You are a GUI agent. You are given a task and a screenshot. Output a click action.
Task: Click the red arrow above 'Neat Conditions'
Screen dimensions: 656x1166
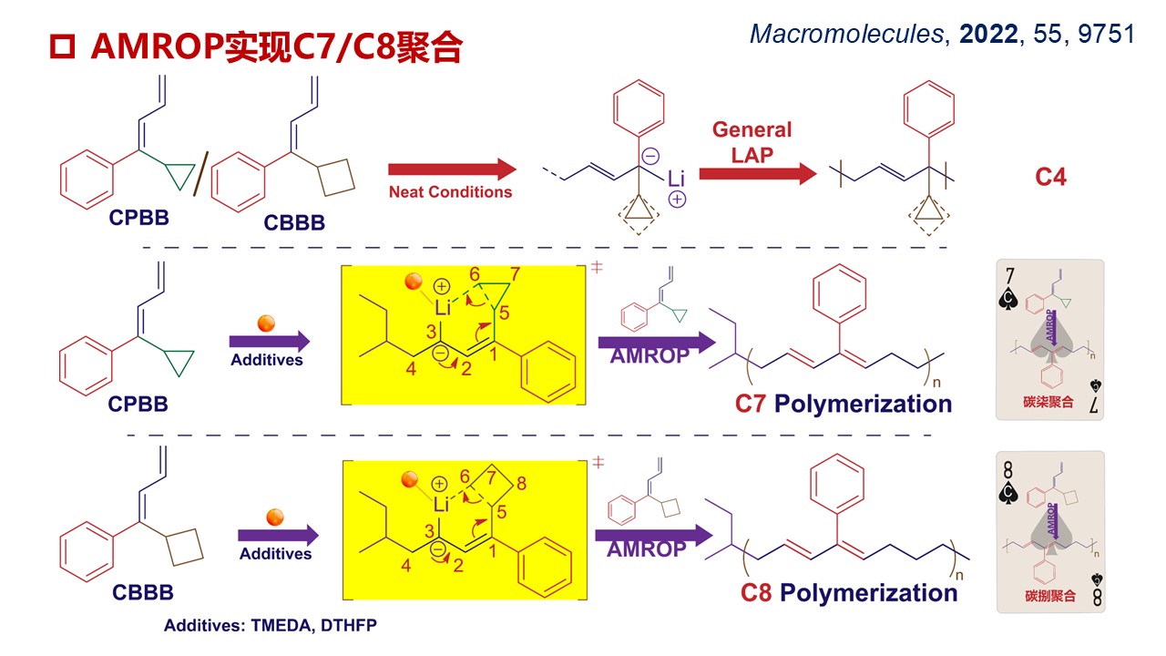451,169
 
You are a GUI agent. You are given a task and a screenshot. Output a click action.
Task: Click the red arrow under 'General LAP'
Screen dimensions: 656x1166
758,174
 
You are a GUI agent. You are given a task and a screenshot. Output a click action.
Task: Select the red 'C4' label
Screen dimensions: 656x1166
1050,176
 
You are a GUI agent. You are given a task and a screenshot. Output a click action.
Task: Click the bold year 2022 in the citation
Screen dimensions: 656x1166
989,35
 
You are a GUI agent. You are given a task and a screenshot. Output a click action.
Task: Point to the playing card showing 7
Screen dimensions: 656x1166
1049,340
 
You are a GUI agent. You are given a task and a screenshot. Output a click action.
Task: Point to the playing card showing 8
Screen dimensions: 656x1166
1049,530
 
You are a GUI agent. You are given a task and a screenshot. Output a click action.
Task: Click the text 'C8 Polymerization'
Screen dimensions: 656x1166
848,593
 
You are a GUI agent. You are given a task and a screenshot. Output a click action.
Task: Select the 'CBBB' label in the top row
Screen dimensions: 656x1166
294,222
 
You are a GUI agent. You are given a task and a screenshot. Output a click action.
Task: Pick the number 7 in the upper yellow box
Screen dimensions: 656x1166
516,275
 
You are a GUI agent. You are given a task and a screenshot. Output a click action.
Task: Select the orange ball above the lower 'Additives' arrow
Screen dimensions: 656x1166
275,517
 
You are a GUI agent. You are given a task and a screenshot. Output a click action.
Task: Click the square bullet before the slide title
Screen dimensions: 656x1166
60,47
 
